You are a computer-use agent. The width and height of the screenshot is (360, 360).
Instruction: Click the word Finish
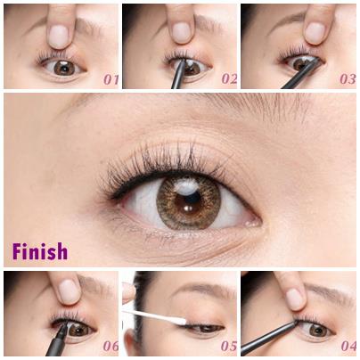tap(40, 251)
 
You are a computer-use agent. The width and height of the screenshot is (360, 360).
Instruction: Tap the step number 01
tap(110, 79)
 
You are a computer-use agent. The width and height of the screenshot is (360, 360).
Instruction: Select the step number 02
tap(229, 79)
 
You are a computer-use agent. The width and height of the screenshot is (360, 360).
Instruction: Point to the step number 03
tap(348, 79)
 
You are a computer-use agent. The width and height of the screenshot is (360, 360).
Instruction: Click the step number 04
tap(348, 346)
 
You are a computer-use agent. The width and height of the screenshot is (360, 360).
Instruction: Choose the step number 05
tap(229, 346)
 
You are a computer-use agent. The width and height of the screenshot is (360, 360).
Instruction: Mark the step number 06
tap(110, 346)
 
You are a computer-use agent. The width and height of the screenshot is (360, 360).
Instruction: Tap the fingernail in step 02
tap(181, 32)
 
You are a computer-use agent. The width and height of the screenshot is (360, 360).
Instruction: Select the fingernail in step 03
tap(315, 33)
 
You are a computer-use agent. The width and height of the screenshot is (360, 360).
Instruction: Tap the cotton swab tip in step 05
tap(178, 321)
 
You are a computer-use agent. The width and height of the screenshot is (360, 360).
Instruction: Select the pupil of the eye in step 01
tap(64, 68)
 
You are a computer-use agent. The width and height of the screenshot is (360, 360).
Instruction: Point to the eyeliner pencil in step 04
tap(269, 338)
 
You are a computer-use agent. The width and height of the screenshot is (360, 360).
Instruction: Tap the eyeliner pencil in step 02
tap(179, 74)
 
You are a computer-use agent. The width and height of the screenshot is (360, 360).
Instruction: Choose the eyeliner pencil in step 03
tap(300, 74)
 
